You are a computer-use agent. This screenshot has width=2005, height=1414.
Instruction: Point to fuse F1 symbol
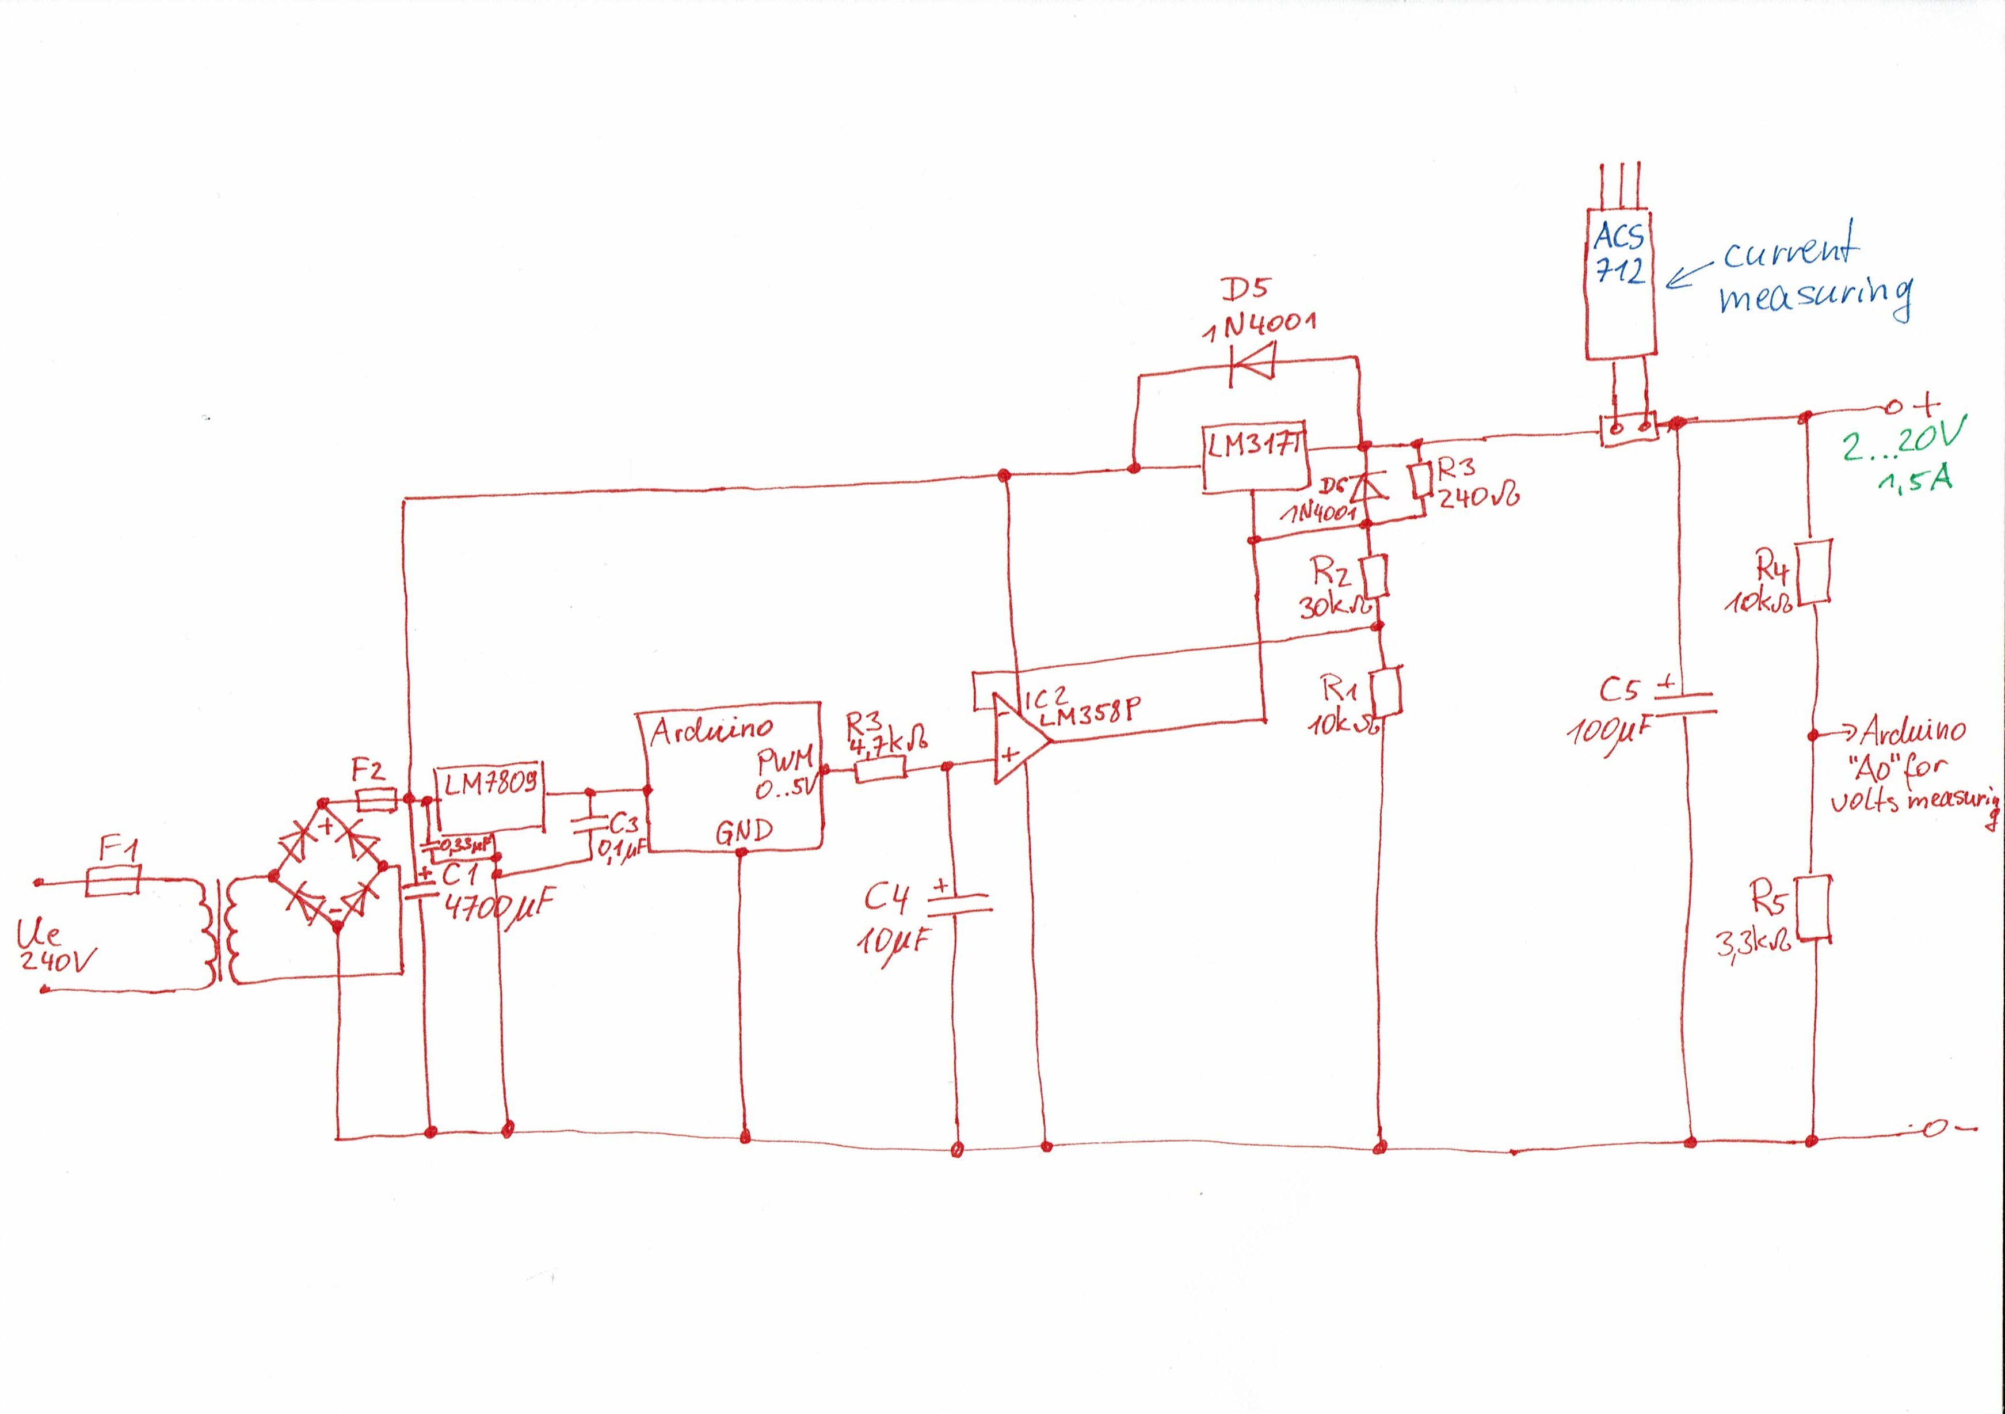(x=113, y=880)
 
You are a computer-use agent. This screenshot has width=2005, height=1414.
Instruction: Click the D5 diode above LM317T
(x=1251, y=361)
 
